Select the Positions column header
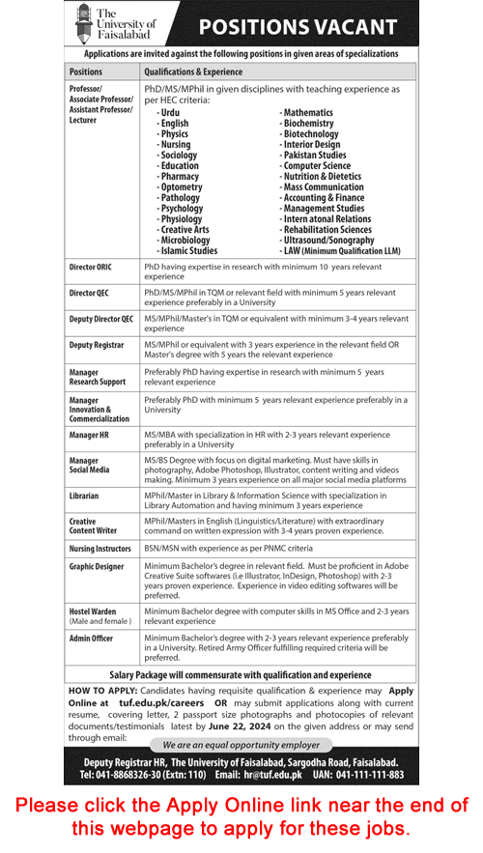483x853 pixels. pos(86,71)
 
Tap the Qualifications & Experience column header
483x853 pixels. pos(193,71)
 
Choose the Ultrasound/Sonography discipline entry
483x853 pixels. pos(327,240)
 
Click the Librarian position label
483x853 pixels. pos(84,496)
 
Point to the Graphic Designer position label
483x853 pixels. pos(97,567)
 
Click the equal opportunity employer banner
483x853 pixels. pos(241,745)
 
